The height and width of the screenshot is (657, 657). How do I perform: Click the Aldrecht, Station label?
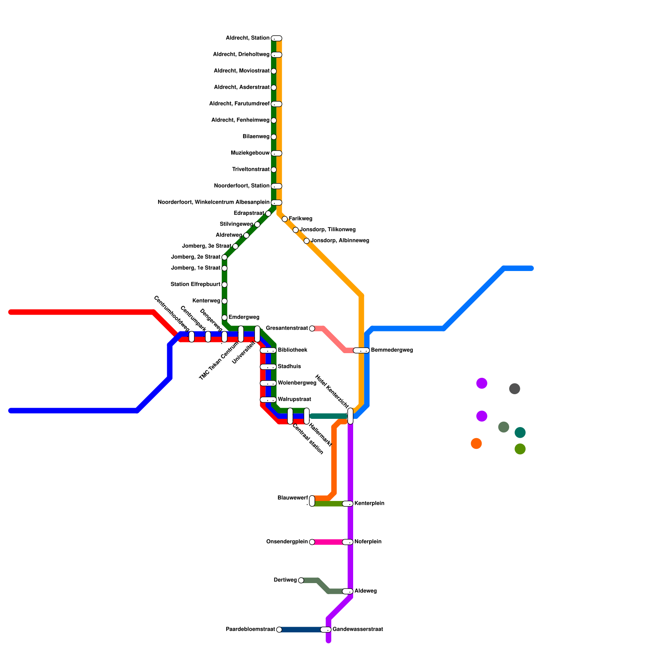pos(247,38)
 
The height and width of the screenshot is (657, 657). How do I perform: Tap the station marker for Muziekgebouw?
pos(276,153)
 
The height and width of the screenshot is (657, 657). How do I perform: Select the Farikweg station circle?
pos(285,219)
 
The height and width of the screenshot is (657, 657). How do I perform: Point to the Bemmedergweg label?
pos(392,350)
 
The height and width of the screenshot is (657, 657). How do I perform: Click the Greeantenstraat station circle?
pos(312,328)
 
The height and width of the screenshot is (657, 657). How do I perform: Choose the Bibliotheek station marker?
pos(268,350)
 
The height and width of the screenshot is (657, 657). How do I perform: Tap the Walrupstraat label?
pos(294,400)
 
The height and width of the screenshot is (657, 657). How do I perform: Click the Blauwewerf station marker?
pos(312,501)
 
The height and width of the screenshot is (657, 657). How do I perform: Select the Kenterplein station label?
pos(369,503)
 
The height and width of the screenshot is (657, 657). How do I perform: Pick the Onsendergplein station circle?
pos(312,542)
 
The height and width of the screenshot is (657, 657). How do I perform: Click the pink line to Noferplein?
pos(328,542)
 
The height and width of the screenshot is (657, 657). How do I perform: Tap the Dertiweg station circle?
pos(301,580)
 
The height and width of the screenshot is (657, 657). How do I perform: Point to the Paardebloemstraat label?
pos(250,629)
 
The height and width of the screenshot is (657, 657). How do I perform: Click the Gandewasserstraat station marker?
pos(326,629)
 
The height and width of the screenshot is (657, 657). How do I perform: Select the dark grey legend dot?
pos(515,388)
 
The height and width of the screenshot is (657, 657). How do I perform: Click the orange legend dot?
pos(476,443)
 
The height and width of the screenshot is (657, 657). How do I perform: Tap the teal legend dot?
pos(520,432)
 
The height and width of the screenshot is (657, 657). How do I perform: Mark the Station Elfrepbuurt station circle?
pos(224,285)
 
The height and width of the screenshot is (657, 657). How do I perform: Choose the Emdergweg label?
pos(244,317)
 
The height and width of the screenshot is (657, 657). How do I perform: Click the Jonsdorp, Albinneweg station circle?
pos(306,241)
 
